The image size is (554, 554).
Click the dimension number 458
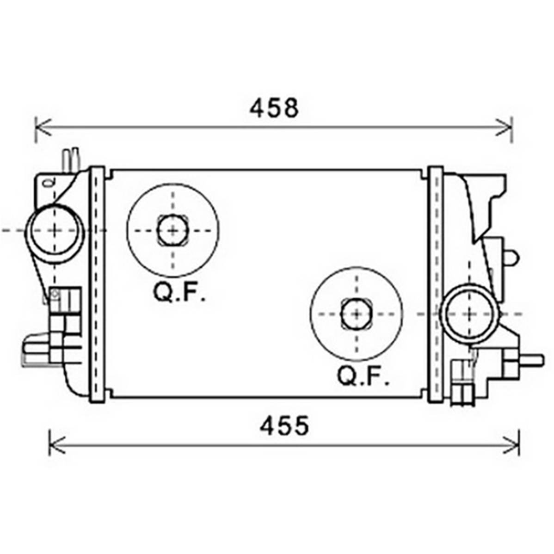point(274,108)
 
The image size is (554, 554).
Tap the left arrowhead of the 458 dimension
point(43,127)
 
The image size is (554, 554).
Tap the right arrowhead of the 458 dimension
point(505,127)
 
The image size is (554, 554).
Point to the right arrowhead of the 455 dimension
point(511,445)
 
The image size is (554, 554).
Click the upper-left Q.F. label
point(179,292)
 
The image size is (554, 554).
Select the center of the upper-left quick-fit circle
point(173,231)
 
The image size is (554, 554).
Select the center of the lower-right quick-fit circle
point(357,314)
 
